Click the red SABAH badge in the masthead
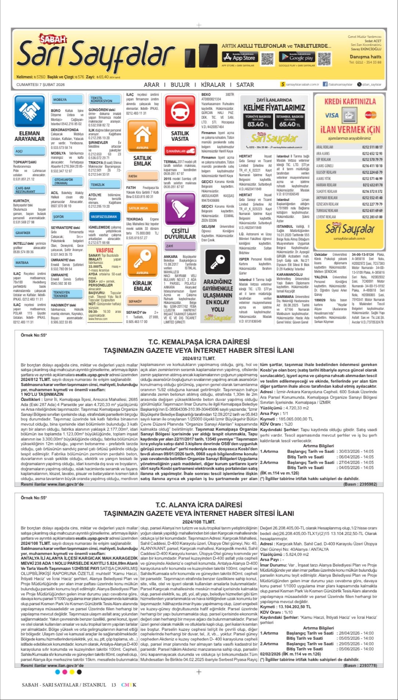point(53,39)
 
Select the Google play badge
point(296,57)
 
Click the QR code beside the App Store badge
point(267,58)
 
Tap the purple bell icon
point(180,209)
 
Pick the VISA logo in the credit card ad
point(332,115)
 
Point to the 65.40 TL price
point(289,124)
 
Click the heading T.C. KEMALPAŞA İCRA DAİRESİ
point(199,342)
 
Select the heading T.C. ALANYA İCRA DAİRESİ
point(199,505)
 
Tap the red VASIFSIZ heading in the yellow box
point(105,250)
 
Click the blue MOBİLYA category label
point(60,100)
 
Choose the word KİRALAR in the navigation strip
point(213,85)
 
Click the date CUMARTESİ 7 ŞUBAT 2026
point(40,85)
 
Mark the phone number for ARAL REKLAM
point(372,147)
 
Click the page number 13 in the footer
point(114,685)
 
